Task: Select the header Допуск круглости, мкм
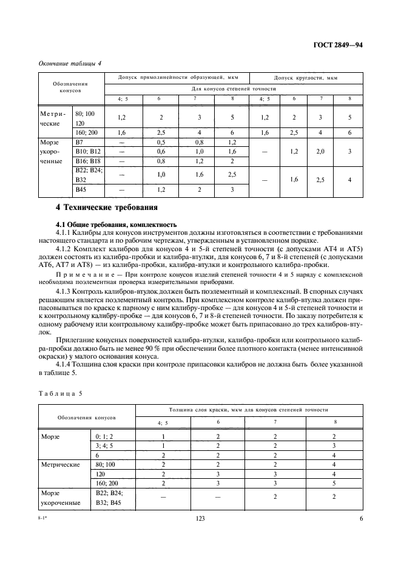pyautogui.click(x=306, y=78)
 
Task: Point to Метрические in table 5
pyautogui.click(x=60, y=464)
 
